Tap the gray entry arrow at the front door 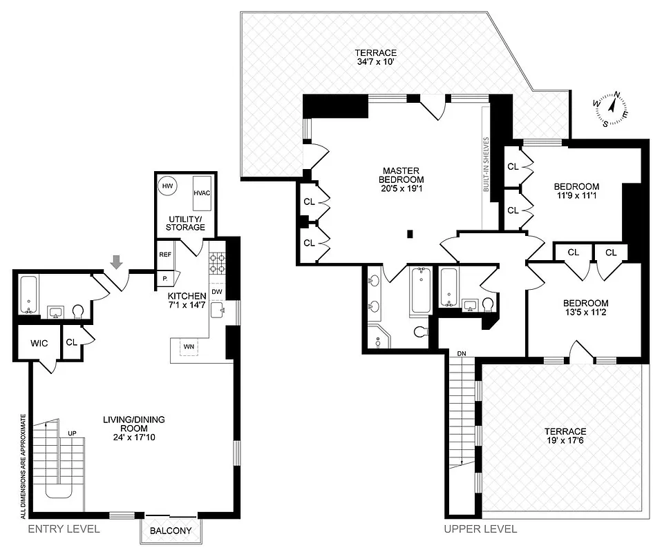tap(117, 262)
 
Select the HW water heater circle tap(167, 186)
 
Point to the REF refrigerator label tap(165, 255)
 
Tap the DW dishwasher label tap(216, 291)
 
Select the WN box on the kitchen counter tap(188, 346)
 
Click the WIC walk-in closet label tap(38, 342)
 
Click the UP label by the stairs tap(72, 433)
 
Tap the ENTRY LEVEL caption tap(64, 529)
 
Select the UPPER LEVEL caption tap(481, 529)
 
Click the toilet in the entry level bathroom tap(77, 312)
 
